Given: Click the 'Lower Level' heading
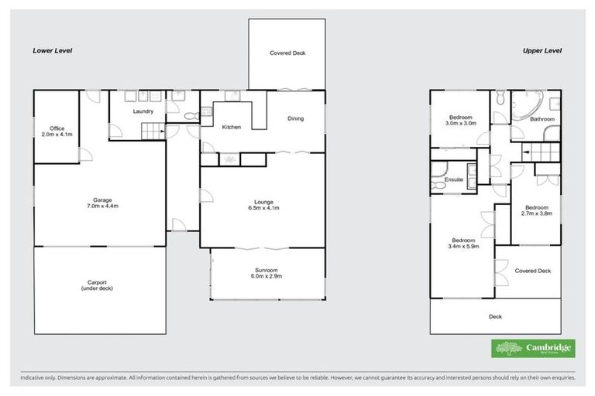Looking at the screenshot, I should coord(52,51).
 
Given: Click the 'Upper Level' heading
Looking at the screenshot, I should coord(542,51).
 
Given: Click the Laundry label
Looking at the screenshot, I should coord(142,111).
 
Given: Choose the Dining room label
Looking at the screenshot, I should coord(295,118).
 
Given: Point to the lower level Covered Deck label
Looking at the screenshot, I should coord(287,53).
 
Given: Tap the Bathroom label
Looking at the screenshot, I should coord(542,119).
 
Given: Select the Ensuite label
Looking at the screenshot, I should coord(454,179).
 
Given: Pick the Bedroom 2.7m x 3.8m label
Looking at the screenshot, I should coord(536,211).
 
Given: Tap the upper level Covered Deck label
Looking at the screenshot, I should coord(532,271).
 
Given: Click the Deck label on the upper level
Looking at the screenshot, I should coord(495,316).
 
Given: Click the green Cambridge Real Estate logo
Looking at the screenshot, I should coord(534,348).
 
